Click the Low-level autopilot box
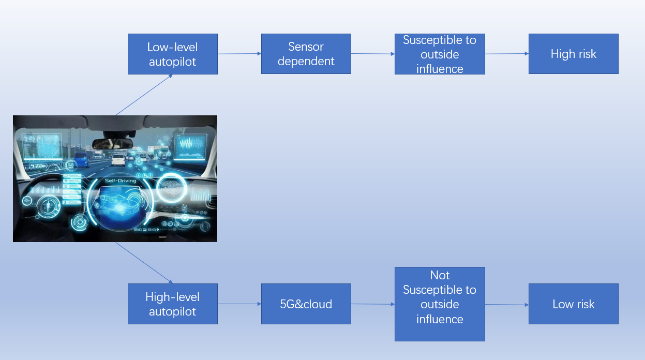pos(173,54)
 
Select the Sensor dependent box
pos(306,54)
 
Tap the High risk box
pos(573,54)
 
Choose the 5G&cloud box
pos(306,304)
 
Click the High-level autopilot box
pos(173,304)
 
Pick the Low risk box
pos(573,304)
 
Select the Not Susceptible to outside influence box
pos(440,304)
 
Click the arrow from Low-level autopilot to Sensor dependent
pos(239,54)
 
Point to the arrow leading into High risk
pos(507,54)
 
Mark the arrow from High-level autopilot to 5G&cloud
pos(239,304)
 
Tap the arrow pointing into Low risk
pos(507,305)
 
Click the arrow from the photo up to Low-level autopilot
pos(144,95)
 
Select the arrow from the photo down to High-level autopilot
pos(144,263)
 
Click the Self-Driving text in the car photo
pos(120,181)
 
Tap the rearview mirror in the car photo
pos(112,143)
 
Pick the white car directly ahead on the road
pos(118,158)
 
